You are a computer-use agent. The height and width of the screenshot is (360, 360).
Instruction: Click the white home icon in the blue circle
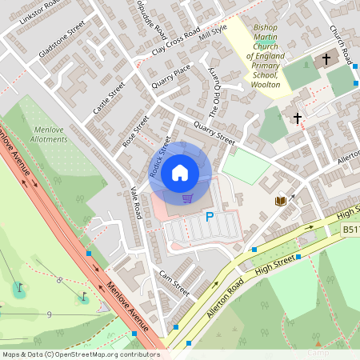[180, 172]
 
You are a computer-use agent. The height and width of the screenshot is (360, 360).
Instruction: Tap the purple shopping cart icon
[187, 198]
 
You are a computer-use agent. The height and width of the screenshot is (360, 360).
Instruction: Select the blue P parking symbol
[210, 217]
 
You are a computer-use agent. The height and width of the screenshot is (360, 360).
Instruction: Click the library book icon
[280, 202]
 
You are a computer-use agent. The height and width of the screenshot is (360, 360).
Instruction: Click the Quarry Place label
[169, 77]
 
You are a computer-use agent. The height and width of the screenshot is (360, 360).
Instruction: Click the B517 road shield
[350, 230]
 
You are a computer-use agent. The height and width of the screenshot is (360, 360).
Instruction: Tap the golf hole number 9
[50, 314]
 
